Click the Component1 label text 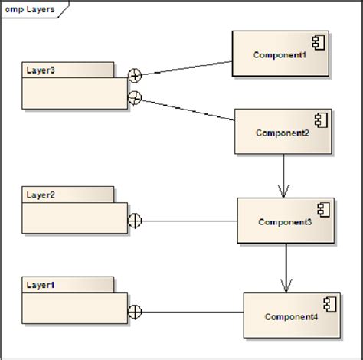click(280, 55)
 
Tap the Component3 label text click(285, 222)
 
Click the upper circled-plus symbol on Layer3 click(135, 75)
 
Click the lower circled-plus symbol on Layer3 click(135, 97)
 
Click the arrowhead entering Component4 click(286, 286)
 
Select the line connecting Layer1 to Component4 click(191, 312)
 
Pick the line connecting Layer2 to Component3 click(188, 221)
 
